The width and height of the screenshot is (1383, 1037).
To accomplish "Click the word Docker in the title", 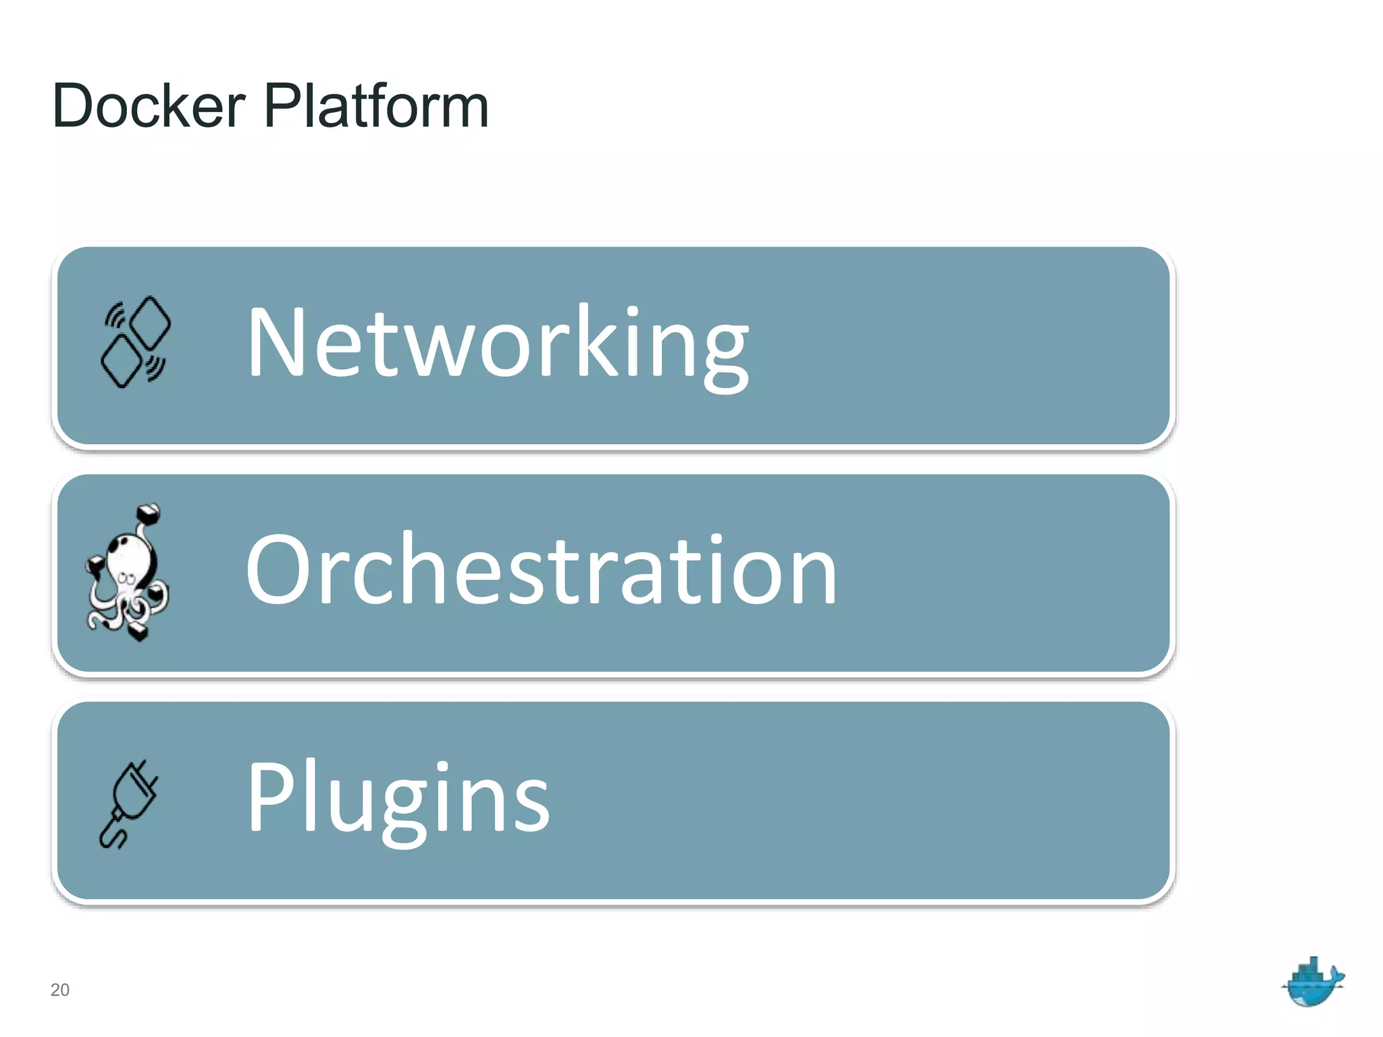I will pyautogui.click(x=149, y=106).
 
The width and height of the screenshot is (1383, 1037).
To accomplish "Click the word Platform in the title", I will pyautogui.click(x=376, y=106).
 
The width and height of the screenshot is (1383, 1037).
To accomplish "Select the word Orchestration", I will pyautogui.click(x=541, y=570).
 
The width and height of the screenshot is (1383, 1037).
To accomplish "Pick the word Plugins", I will pyautogui.click(x=398, y=798).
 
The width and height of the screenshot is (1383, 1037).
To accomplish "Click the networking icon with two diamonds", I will pyautogui.click(x=136, y=342).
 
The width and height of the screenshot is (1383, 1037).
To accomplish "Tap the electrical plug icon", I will pyautogui.click(x=128, y=803).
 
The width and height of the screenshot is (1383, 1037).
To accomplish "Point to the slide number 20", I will pyautogui.click(x=59, y=990).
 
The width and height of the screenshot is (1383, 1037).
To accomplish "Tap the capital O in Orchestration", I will pyautogui.click(x=278, y=569).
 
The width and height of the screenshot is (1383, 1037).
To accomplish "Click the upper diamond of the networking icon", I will pyautogui.click(x=151, y=322).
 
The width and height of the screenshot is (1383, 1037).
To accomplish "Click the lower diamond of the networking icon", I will pyautogui.click(x=121, y=362).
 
